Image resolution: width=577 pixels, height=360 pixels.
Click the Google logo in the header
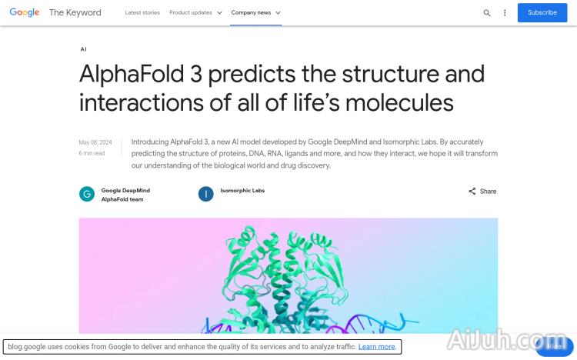[x=24, y=12]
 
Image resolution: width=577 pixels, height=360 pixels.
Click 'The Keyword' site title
[x=75, y=13]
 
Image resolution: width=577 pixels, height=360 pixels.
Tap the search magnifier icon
[x=487, y=13]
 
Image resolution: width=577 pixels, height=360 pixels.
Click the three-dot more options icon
[x=505, y=13]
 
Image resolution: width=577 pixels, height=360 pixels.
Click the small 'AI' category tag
[x=83, y=49]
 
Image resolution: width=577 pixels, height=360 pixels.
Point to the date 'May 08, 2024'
[x=95, y=142]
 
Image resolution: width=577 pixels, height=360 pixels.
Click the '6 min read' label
[x=92, y=153]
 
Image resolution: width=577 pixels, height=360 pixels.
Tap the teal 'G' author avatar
[x=87, y=194]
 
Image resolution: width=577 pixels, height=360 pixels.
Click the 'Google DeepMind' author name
[x=125, y=190]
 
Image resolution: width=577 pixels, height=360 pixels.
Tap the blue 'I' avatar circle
[x=205, y=194]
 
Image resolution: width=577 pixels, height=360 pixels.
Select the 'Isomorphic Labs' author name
[x=242, y=190]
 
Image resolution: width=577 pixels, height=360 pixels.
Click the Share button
[x=482, y=192]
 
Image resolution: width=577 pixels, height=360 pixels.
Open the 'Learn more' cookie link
[x=377, y=347]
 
